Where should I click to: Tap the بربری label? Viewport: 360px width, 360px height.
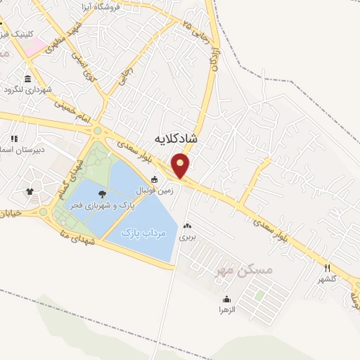tap(187, 238)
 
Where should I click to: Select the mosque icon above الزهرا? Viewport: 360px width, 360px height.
tap(227, 298)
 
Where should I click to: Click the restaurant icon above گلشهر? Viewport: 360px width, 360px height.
tap(327, 268)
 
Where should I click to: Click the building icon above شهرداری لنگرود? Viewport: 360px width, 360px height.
tap(27, 78)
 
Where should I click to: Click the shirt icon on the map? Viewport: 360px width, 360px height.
tap(30, 191)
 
